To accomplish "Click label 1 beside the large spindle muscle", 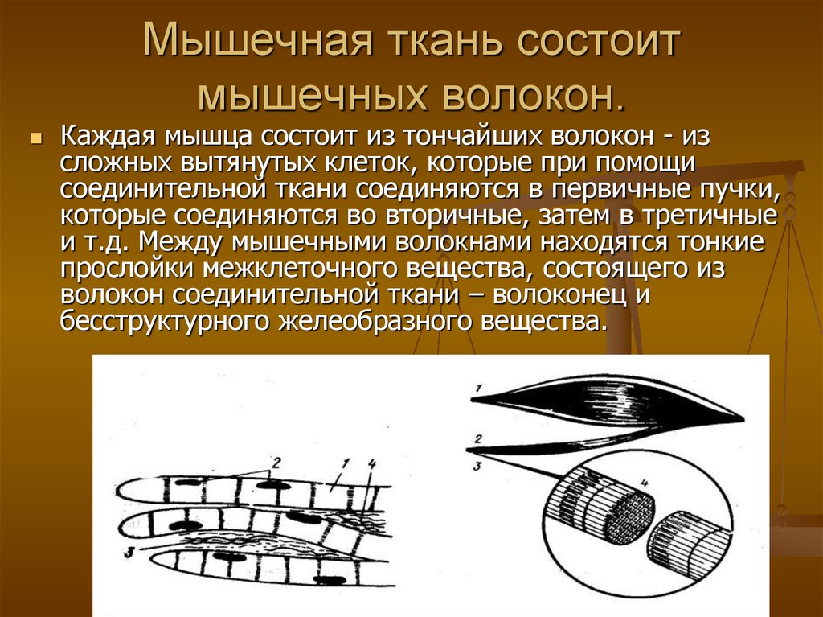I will [476, 390].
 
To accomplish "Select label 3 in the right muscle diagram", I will [476, 464].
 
